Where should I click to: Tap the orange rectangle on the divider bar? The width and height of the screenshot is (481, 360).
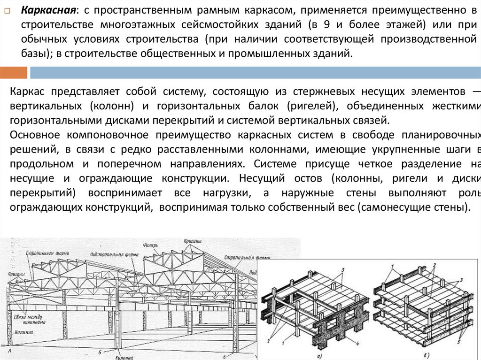tap(14, 73)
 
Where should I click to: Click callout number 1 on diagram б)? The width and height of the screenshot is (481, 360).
tap(391, 266)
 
